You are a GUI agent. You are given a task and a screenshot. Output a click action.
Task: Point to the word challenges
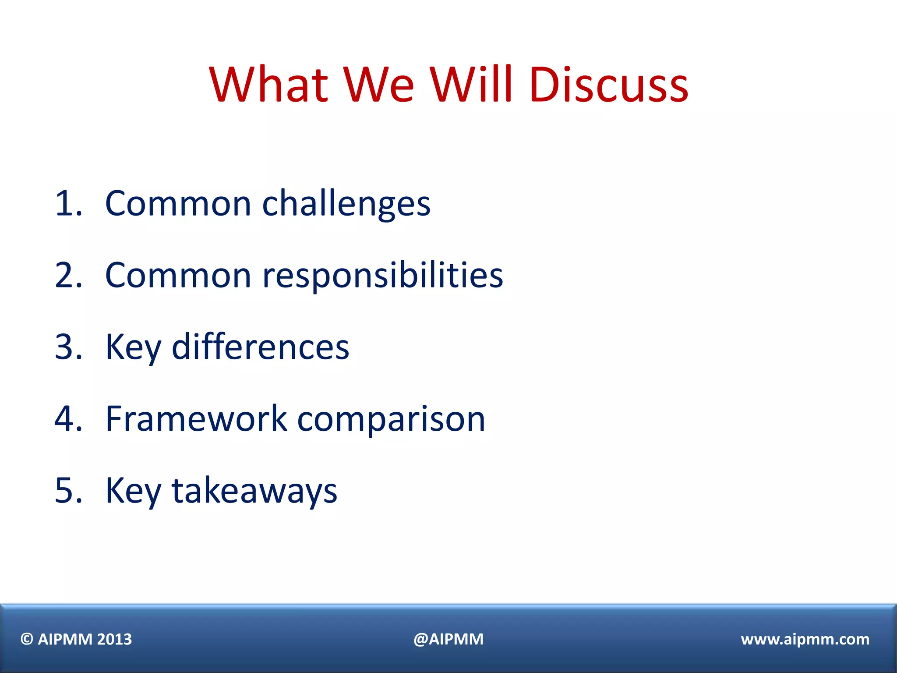point(346,203)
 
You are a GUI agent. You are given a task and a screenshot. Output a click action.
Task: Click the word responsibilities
point(382,275)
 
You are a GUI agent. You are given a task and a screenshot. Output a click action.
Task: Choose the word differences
point(260,347)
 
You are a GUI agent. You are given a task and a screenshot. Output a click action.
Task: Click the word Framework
point(196,419)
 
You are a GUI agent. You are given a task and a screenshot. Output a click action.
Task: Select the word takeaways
point(254,490)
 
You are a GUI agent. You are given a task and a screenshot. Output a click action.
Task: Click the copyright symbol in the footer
point(27,639)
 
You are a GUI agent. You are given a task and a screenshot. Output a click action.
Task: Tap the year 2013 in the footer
point(114,639)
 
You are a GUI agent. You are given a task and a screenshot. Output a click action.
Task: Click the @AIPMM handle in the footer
point(448,639)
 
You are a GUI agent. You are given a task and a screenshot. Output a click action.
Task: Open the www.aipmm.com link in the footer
point(805,639)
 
